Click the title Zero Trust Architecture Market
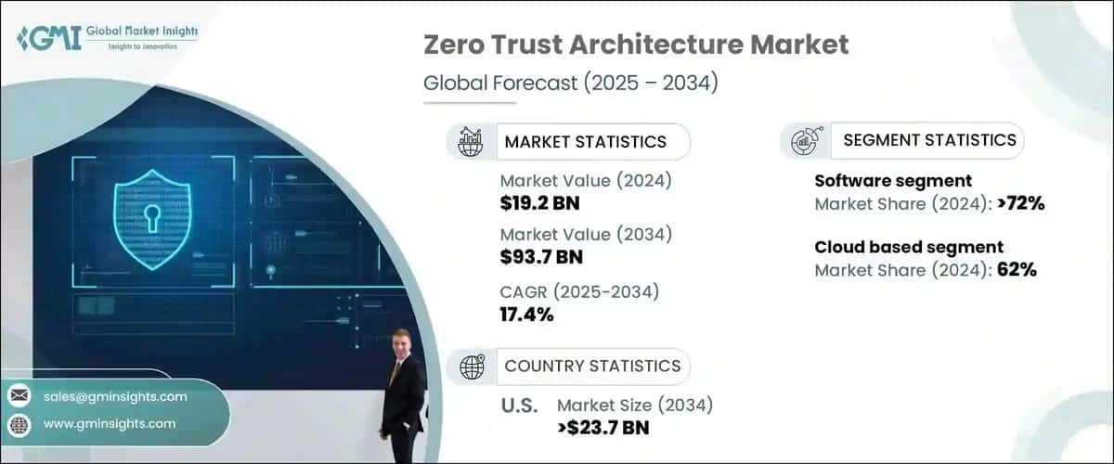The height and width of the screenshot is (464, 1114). (635, 45)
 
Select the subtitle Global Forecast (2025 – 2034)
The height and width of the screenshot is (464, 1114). (570, 83)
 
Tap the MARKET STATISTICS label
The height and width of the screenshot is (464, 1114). (585, 141)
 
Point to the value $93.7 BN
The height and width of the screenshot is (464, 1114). (540, 255)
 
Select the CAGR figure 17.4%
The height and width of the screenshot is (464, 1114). (526, 314)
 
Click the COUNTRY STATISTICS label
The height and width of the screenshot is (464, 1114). (592, 366)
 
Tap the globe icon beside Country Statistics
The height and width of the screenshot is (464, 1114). (473, 367)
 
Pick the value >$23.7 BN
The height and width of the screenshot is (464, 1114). (602, 427)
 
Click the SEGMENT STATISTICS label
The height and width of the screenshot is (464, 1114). (929, 140)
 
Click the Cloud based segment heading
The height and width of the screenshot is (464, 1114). (909, 247)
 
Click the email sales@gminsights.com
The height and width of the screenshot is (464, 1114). (115, 396)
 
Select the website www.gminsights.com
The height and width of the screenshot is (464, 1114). (110, 423)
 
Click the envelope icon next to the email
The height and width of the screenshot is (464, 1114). (19, 396)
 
